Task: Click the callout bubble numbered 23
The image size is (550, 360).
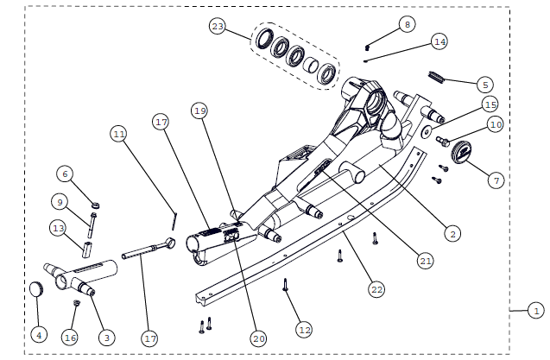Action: pos(218,28)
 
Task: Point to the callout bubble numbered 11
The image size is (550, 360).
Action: pos(119,134)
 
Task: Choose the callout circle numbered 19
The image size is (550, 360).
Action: pos(200,111)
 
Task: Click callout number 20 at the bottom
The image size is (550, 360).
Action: pos(258,339)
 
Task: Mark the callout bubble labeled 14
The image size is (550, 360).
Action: pos(439,41)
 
